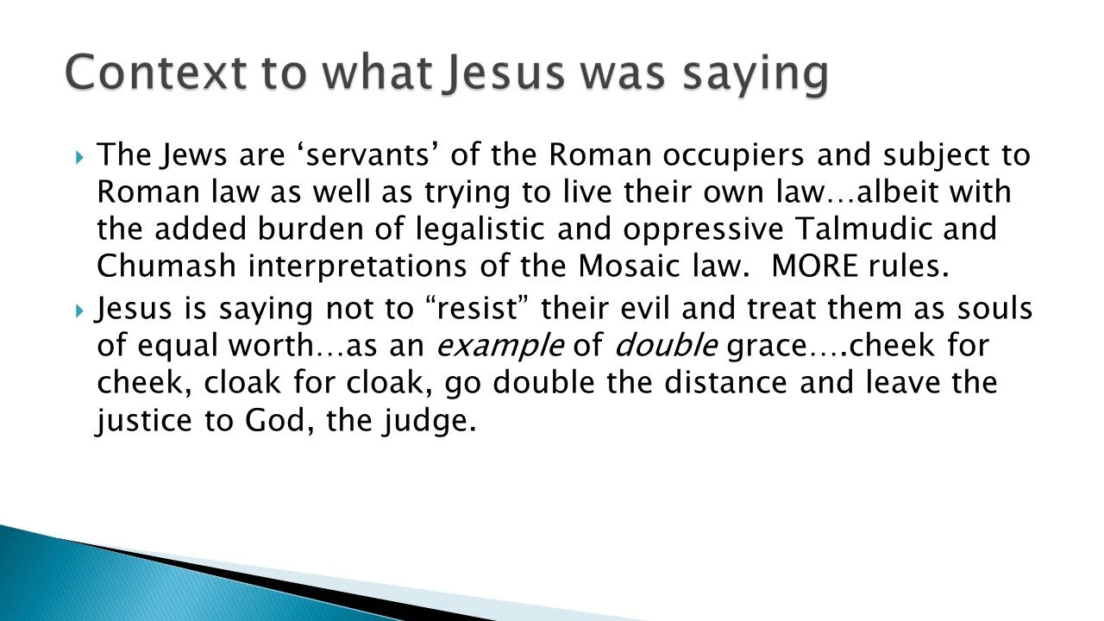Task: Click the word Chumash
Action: (x=166, y=267)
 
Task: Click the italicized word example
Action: (x=501, y=346)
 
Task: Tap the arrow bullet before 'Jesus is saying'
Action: (x=79, y=309)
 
